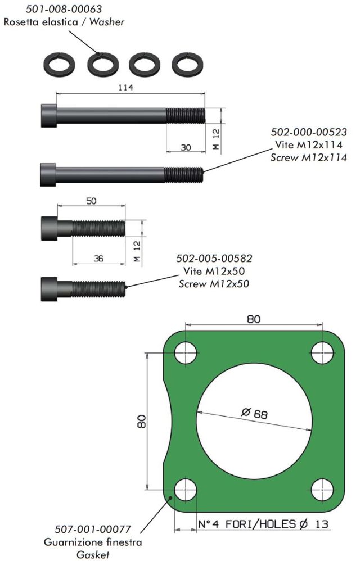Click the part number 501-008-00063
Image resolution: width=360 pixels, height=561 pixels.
[x=64, y=8]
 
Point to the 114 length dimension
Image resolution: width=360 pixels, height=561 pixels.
[x=126, y=87]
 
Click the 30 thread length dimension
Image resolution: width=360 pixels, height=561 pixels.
[x=186, y=147]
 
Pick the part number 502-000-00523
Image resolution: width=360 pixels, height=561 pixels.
[x=308, y=132]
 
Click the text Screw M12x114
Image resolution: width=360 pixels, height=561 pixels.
[x=308, y=157]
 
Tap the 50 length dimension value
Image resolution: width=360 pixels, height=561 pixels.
[x=91, y=201]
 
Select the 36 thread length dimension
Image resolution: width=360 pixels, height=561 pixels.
[x=98, y=258]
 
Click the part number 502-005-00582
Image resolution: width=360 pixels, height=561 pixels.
[x=214, y=259]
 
